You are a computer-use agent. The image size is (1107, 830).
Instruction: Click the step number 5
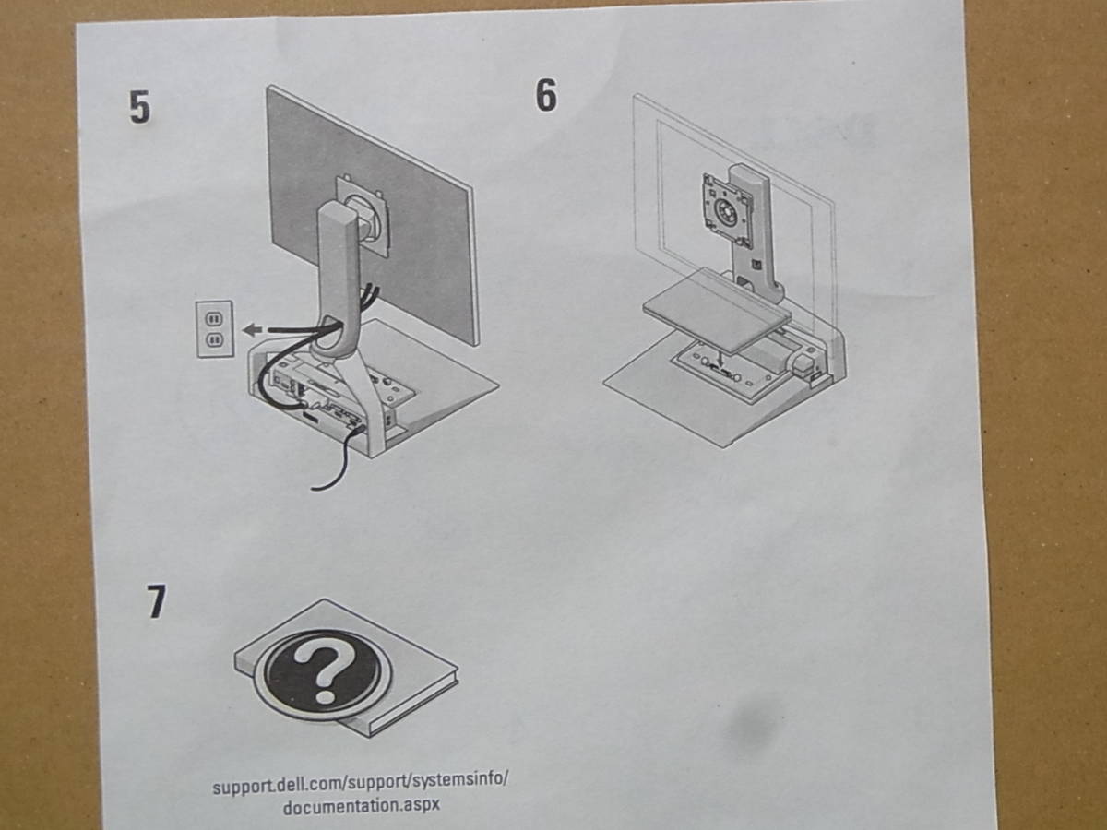pyautogui.click(x=139, y=108)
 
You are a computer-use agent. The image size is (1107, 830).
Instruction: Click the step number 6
pyautogui.click(x=546, y=95)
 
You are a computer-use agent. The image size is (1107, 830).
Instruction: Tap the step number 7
pyautogui.click(x=157, y=601)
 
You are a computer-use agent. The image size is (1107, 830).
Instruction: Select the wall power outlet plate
pyautogui.click(x=214, y=329)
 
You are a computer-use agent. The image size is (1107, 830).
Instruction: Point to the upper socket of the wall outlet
pyautogui.click(x=213, y=318)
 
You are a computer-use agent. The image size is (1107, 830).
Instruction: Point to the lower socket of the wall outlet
pyautogui.click(x=213, y=340)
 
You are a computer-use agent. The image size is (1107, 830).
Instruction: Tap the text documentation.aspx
pyautogui.click(x=361, y=805)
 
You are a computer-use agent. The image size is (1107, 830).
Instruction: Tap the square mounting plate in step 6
pyautogui.click(x=726, y=207)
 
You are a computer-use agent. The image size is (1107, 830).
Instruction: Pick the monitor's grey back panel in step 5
pyautogui.click(x=372, y=212)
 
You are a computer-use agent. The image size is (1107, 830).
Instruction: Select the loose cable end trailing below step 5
pyautogui.click(x=327, y=473)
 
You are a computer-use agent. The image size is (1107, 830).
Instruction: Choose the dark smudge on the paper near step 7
pyautogui.click(x=753, y=724)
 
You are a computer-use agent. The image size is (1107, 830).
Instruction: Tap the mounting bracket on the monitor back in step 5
pyautogui.click(x=363, y=212)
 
